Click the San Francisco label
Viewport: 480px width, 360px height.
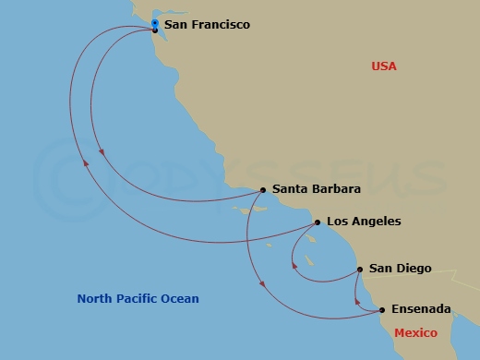pos(207,25)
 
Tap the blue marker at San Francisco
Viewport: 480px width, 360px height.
pos(154,23)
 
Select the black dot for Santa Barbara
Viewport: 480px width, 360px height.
pos(263,190)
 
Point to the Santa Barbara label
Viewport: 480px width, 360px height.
pos(316,189)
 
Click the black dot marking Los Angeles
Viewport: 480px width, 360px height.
pos(317,222)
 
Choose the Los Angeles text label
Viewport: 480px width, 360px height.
pos(364,222)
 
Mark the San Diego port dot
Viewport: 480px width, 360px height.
pos(359,270)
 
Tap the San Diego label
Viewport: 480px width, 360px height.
pos(400,269)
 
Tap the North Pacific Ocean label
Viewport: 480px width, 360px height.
pos(138,299)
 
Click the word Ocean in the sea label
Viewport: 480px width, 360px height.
pos(181,299)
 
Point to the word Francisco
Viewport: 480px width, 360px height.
pos(219,25)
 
